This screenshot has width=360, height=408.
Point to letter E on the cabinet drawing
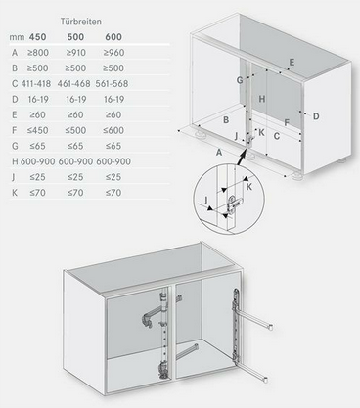(x=292, y=63)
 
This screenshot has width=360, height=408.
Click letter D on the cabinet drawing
(x=316, y=115)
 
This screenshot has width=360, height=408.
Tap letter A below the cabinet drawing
(x=219, y=153)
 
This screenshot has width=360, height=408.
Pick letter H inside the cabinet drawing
(x=261, y=99)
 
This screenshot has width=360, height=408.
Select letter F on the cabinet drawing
(x=287, y=123)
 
